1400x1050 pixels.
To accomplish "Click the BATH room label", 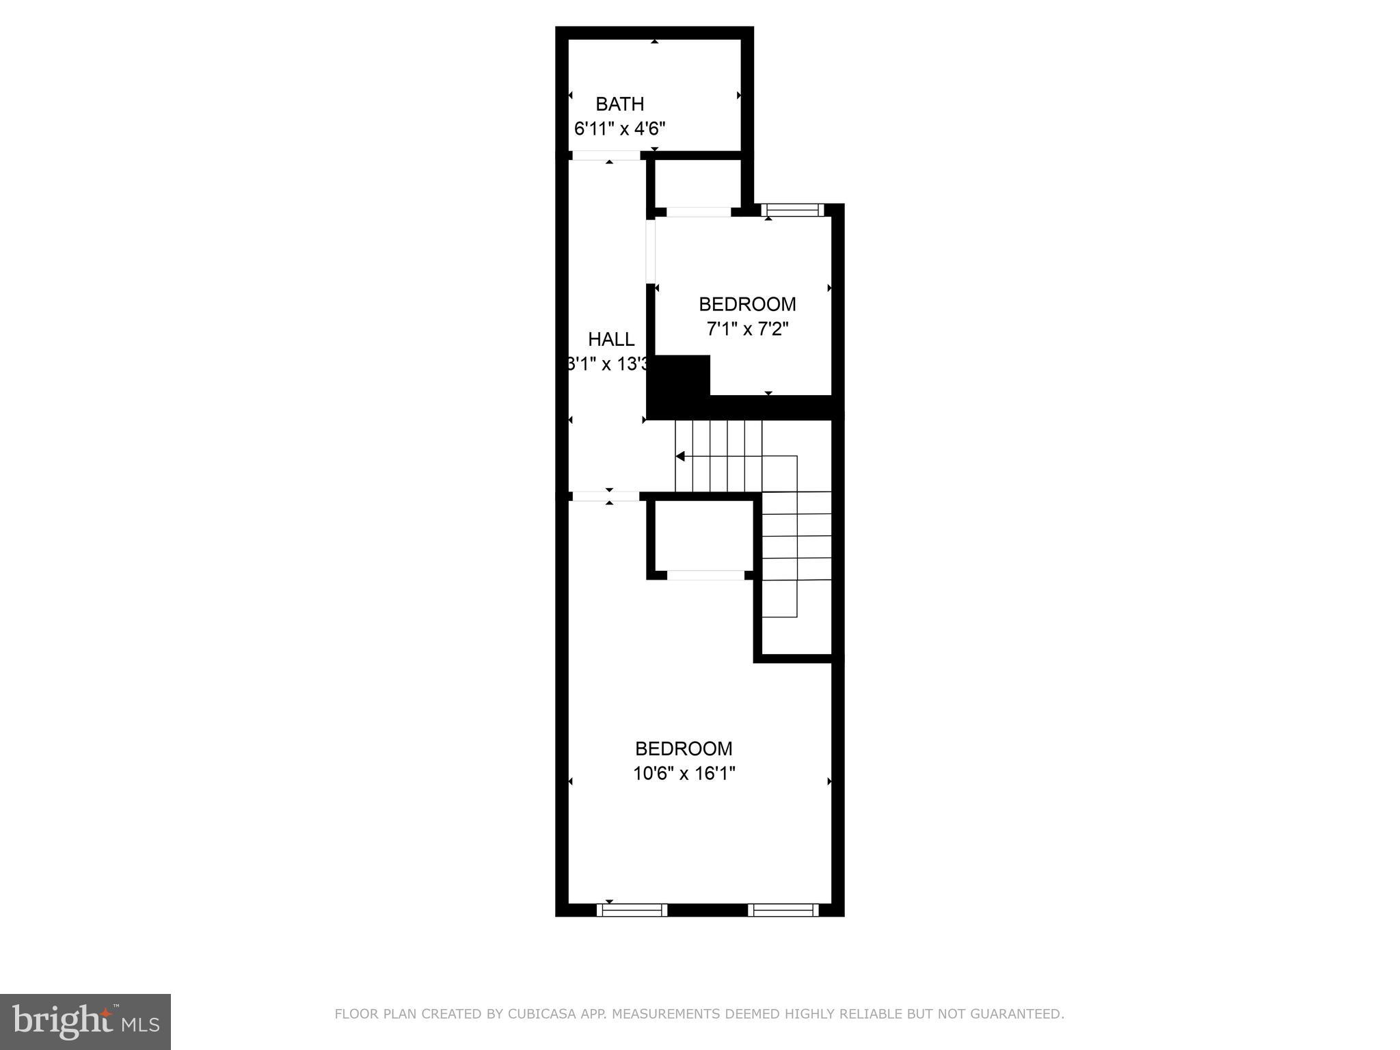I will (x=619, y=104).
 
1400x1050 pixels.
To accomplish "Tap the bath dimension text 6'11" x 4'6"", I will (x=619, y=129).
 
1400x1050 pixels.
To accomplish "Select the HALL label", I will (x=611, y=339).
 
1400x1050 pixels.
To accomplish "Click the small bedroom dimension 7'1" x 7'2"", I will (x=747, y=329).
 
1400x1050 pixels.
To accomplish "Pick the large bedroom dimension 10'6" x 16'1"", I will (x=684, y=774).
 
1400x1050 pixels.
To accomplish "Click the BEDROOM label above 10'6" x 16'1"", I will (x=684, y=749).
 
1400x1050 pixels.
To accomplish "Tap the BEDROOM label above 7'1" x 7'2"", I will (x=747, y=304).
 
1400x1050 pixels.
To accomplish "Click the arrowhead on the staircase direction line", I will (x=679, y=456).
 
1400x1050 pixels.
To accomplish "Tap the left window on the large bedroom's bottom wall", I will (x=632, y=910).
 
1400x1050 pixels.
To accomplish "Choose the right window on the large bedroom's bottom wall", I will (x=783, y=910).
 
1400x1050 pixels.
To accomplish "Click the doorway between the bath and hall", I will (x=606, y=156).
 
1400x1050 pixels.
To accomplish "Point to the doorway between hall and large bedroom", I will (x=606, y=496).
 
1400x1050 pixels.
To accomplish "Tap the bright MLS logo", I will (x=85, y=1022).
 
